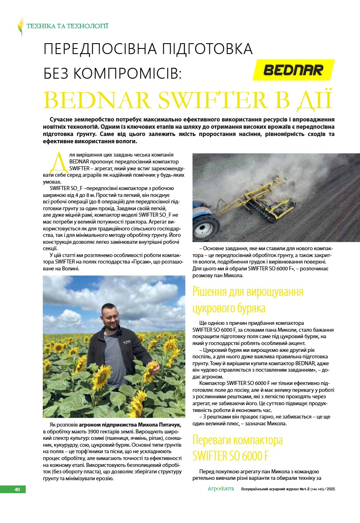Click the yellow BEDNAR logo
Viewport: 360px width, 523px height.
tap(293, 70)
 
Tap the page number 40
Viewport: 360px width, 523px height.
tap(17, 489)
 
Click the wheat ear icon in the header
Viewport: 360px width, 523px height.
tap(20, 26)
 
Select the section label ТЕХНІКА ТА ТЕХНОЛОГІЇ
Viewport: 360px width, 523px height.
tap(67, 27)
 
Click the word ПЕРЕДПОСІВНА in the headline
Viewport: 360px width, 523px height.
tap(100, 49)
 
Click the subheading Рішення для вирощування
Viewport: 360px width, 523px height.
tap(247, 291)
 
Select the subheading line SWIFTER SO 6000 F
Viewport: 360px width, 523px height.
tap(230, 456)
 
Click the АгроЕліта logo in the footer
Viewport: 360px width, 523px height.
tap(221, 489)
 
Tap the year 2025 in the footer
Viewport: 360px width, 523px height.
tap(331, 489)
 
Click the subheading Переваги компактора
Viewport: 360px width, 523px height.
tap(237, 439)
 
